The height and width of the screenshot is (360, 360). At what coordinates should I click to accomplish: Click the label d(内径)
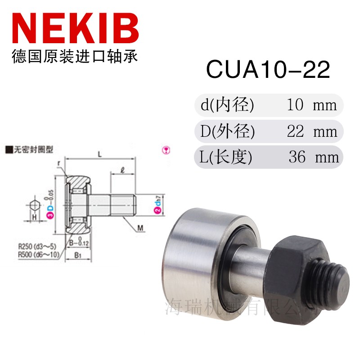click(228, 105)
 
